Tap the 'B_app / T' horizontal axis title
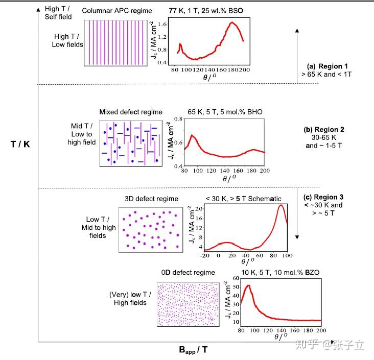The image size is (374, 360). (x=193, y=350)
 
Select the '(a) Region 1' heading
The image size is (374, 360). (x=327, y=66)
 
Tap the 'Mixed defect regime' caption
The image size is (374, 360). (x=131, y=112)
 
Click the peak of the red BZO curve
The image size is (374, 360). (x=249, y=285)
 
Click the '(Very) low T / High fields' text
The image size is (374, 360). (x=128, y=299)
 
